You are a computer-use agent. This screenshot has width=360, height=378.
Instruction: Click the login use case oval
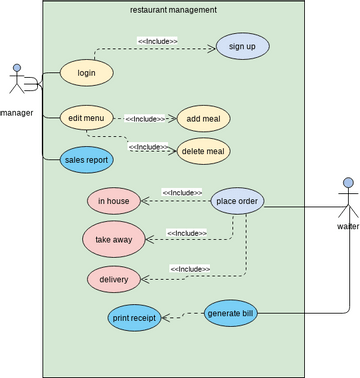(86, 73)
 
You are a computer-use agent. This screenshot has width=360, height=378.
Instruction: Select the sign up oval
(242, 46)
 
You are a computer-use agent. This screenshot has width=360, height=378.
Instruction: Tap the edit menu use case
(86, 119)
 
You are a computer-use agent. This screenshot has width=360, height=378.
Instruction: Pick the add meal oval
(203, 119)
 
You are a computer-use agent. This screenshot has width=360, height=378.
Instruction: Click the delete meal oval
(203, 151)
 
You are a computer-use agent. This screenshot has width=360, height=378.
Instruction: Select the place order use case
(237, 201)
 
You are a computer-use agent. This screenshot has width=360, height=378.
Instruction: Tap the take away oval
(114, 240)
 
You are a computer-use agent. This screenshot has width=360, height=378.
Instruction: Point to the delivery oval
(114, 279)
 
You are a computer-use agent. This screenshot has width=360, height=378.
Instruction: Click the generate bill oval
(231, 313)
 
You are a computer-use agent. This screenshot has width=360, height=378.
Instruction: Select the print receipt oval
(134, 319)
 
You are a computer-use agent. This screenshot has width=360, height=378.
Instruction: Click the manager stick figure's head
(16, 69)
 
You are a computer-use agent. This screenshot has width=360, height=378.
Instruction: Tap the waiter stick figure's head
(347, 183)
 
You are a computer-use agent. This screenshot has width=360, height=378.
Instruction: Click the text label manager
(16, 112)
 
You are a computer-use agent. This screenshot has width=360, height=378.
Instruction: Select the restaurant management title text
(173, 10)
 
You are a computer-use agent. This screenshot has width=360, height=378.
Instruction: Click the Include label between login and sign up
(157, 41)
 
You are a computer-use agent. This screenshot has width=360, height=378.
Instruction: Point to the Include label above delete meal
(148, 147)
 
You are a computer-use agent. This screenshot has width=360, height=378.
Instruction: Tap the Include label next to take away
(187, 233)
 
